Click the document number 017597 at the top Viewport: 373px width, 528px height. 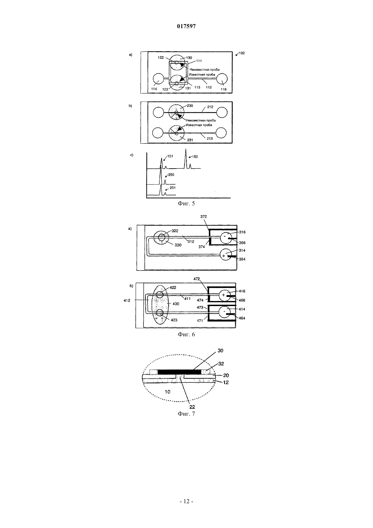tap(186, 26)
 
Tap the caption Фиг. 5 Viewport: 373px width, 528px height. tap(186, 203)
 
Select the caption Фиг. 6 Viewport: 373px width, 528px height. tap(186, 335)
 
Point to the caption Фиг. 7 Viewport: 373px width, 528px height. tap(186, 414)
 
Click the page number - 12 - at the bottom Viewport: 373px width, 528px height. tap(186, 502)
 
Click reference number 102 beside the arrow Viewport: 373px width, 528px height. tap(242, 53)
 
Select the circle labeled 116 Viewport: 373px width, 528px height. tap(222, 79)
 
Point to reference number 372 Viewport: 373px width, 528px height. tap(204, 216)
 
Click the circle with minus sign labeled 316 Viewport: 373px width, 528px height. tap(226, 238)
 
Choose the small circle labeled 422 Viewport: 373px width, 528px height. tap(160, 295)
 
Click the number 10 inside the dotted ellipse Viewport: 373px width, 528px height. tap(168, 392)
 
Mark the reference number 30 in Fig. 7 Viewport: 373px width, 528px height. tap(220, 351)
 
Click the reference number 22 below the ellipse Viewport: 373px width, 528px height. tap(192, 407)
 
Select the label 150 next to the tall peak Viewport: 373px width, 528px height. tap(195, 157)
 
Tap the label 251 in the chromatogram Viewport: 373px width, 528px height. tap(173, 188)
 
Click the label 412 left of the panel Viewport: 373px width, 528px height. tap(127, 300)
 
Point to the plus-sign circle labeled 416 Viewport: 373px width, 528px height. tap(225, 295)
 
